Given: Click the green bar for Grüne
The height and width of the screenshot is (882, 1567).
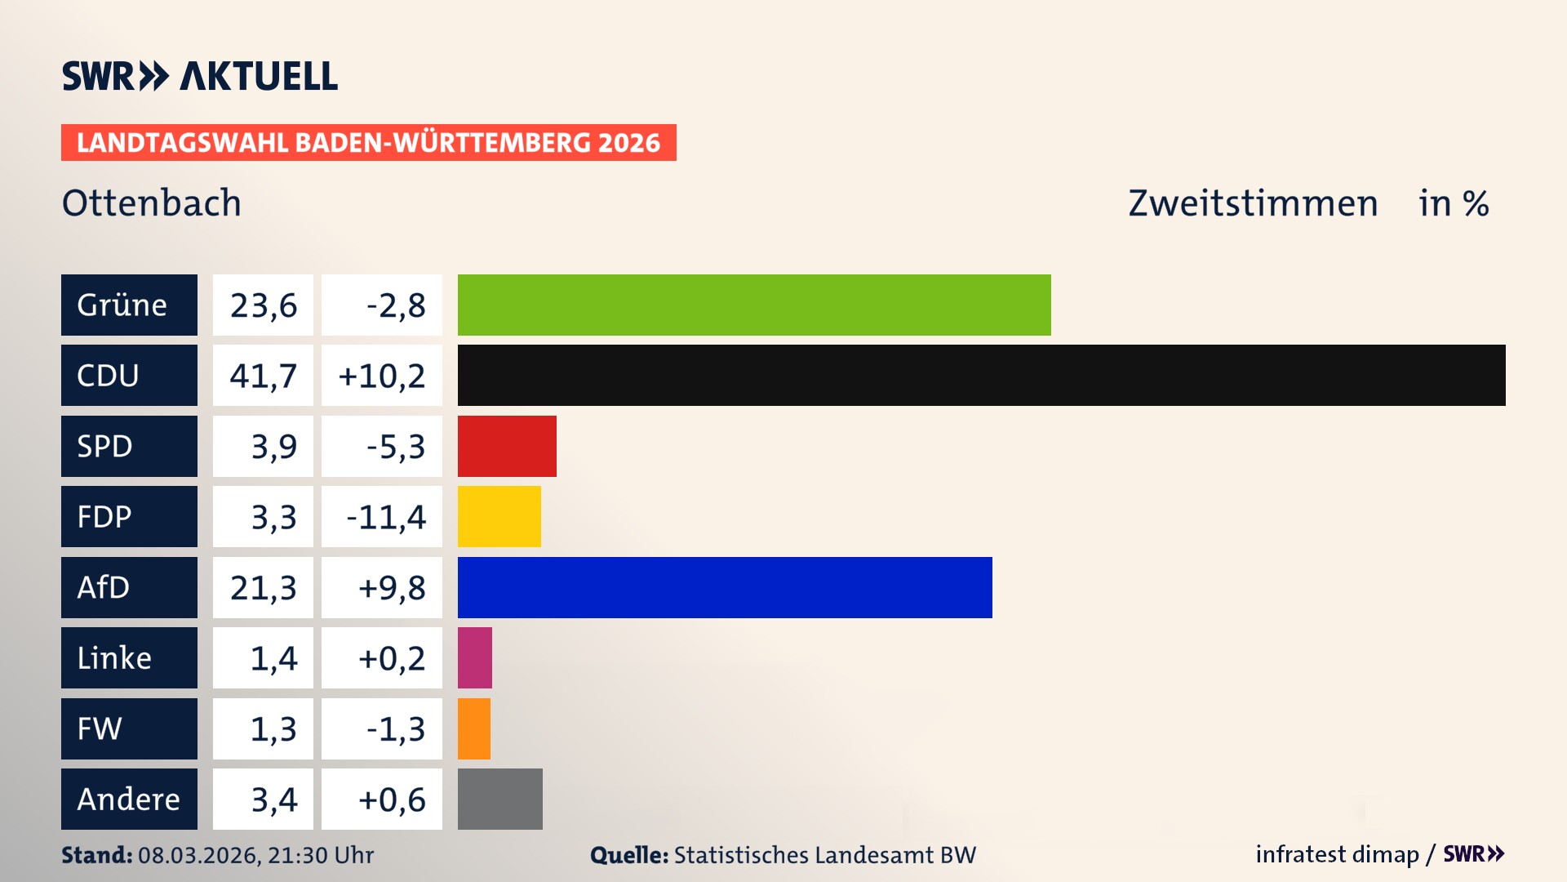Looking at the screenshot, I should coord(754,305).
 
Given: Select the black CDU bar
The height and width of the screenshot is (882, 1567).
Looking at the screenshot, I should coord(981,375).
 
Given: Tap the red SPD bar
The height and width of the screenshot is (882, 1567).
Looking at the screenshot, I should coord(507,446).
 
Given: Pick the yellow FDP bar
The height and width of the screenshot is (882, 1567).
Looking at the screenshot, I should coord(499,516).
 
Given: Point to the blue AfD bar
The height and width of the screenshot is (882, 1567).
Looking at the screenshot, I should coord(725,587).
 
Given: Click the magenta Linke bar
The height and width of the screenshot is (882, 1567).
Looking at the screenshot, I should coord(475,657).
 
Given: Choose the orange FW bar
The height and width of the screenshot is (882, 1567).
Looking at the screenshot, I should coord(474,728).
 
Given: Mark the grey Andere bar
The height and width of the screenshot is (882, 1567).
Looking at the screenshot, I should coord(499,799).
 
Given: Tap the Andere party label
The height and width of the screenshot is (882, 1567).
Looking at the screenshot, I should coord(129,799).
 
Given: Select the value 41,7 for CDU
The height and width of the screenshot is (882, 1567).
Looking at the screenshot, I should coord(263,376).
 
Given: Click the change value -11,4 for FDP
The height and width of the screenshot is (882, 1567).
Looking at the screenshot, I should coord(385,517).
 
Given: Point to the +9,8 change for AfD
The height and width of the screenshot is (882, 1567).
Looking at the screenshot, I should coord(391,587).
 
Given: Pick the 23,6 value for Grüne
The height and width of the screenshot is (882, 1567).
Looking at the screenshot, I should coord(263,305).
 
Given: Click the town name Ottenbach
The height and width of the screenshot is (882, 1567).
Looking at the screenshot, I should coord(152,203).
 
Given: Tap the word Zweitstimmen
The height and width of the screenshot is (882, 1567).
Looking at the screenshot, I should coord(1253,203).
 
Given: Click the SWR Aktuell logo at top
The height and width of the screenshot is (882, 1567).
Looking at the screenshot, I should coord(200,76).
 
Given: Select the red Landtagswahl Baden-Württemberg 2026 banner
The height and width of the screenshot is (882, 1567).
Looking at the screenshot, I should coord(368,142).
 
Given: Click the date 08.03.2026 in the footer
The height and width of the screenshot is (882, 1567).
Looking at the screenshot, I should coord(198,855).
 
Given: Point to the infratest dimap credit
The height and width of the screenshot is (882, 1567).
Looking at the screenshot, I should coord(1337,854).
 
